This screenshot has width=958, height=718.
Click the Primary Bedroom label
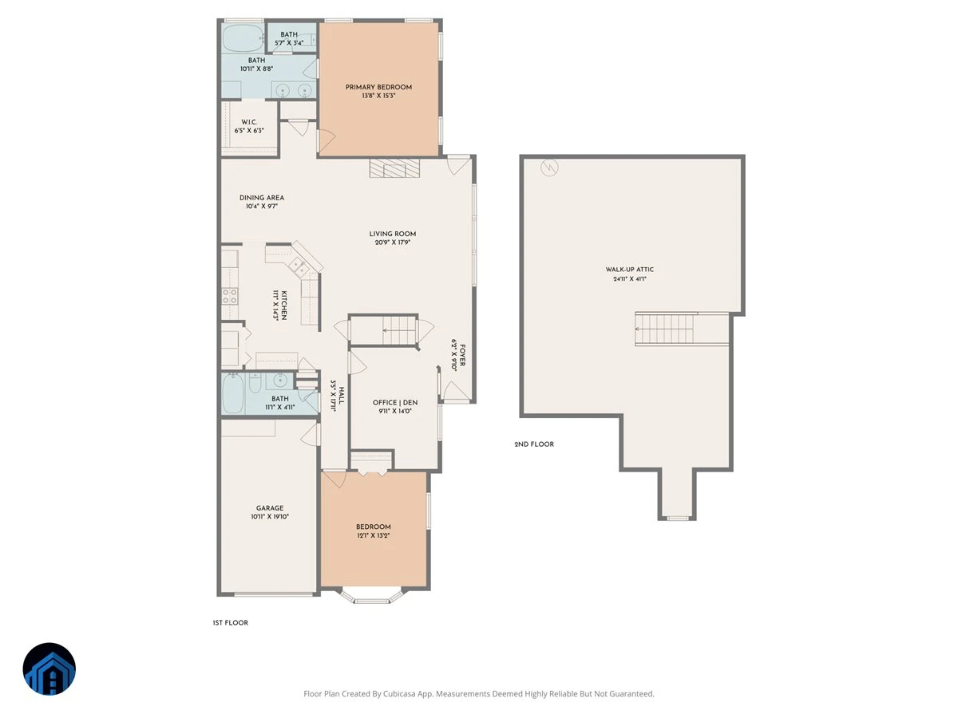coord(378,87)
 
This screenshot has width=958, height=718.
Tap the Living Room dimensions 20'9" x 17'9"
coord(392,243)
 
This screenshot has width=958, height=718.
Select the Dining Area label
coord(261,198)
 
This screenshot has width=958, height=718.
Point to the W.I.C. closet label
coord(249,122)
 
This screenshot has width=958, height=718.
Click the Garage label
coord(270,508)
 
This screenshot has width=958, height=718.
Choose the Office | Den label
coord(395,402)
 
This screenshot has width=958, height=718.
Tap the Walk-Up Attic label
coord(629,270)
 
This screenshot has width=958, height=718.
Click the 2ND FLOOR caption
coord(534,444)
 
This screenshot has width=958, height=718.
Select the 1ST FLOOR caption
coord(231,622)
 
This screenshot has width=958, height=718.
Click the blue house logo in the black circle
coord(49,669)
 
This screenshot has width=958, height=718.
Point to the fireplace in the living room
coord(394,168)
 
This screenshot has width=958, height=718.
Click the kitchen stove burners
coord(230,296)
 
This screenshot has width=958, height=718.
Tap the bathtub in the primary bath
coord(243,38)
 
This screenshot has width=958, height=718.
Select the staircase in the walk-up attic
coord(664,329)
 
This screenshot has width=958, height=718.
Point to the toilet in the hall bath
coord(255,382)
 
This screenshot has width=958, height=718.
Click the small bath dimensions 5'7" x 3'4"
coord(289,43)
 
